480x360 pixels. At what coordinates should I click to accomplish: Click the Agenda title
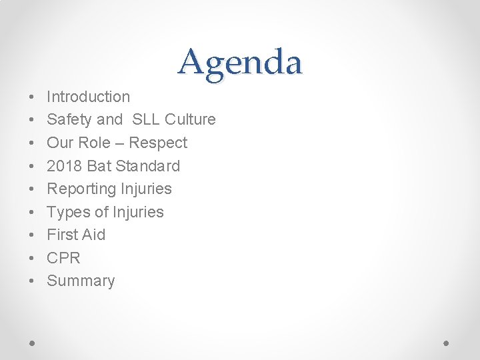click(240, 63)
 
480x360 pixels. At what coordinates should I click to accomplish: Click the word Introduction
click(88, 97)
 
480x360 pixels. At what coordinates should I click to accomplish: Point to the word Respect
click(158, 143)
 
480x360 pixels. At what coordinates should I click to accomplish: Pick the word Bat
click(99, 166)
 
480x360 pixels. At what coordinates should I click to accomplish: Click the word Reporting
click(81, 189)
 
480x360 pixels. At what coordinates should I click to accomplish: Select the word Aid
click(94, 235)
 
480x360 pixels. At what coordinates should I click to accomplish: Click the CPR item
click(63, 258)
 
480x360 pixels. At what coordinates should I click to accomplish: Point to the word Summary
click(81, 281)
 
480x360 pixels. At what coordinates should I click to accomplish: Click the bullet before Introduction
click(33, 97)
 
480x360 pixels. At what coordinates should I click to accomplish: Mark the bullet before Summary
click(33, 281)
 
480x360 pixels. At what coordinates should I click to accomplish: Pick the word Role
click(97, 143)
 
